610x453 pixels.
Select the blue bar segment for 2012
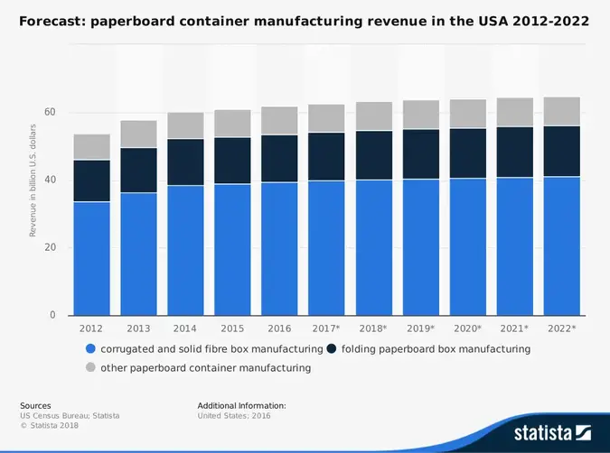[x=91, y=257]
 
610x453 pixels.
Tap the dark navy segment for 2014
[x=185, y=162]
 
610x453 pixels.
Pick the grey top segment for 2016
[x=279, y=121]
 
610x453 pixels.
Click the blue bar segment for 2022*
[x=561, y=245]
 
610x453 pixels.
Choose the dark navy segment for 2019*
[x=420, y=154]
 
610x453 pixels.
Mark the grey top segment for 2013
[x=138, y=134]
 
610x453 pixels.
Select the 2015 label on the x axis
[x=232, y=328]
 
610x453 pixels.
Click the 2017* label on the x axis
[x=326, y=328]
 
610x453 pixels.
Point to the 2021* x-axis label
[x=514, y=328]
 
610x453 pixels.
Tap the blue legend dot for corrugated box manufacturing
[x=89, y=348]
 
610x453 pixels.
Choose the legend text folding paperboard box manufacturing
[x=436, y=348]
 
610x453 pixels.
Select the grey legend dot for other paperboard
[x=89, y=368]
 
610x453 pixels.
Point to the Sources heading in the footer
[x=35, y=406]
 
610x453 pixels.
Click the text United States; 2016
[x=234, y=416]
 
